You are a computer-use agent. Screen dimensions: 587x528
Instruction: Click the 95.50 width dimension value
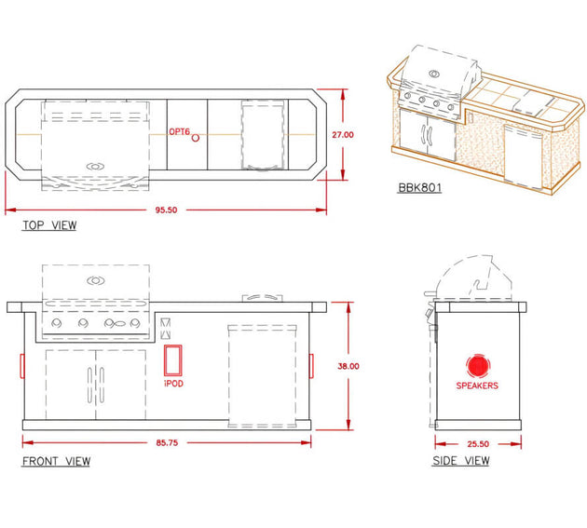point(166,210)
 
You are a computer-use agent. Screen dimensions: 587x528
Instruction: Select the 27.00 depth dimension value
point(343,135)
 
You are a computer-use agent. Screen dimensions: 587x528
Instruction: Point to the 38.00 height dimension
point(348,366)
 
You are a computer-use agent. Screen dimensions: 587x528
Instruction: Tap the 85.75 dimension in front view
point(167,442)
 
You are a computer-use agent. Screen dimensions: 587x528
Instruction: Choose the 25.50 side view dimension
point(478,444)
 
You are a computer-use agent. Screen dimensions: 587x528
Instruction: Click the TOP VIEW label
point(49,225)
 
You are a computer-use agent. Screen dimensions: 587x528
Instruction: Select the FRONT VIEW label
point(56,461)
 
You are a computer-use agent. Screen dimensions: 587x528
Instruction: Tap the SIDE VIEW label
point(461,461)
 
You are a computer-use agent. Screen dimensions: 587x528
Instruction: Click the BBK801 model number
point(419,187)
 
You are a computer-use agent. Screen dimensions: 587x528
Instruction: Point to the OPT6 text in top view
point(179,131)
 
